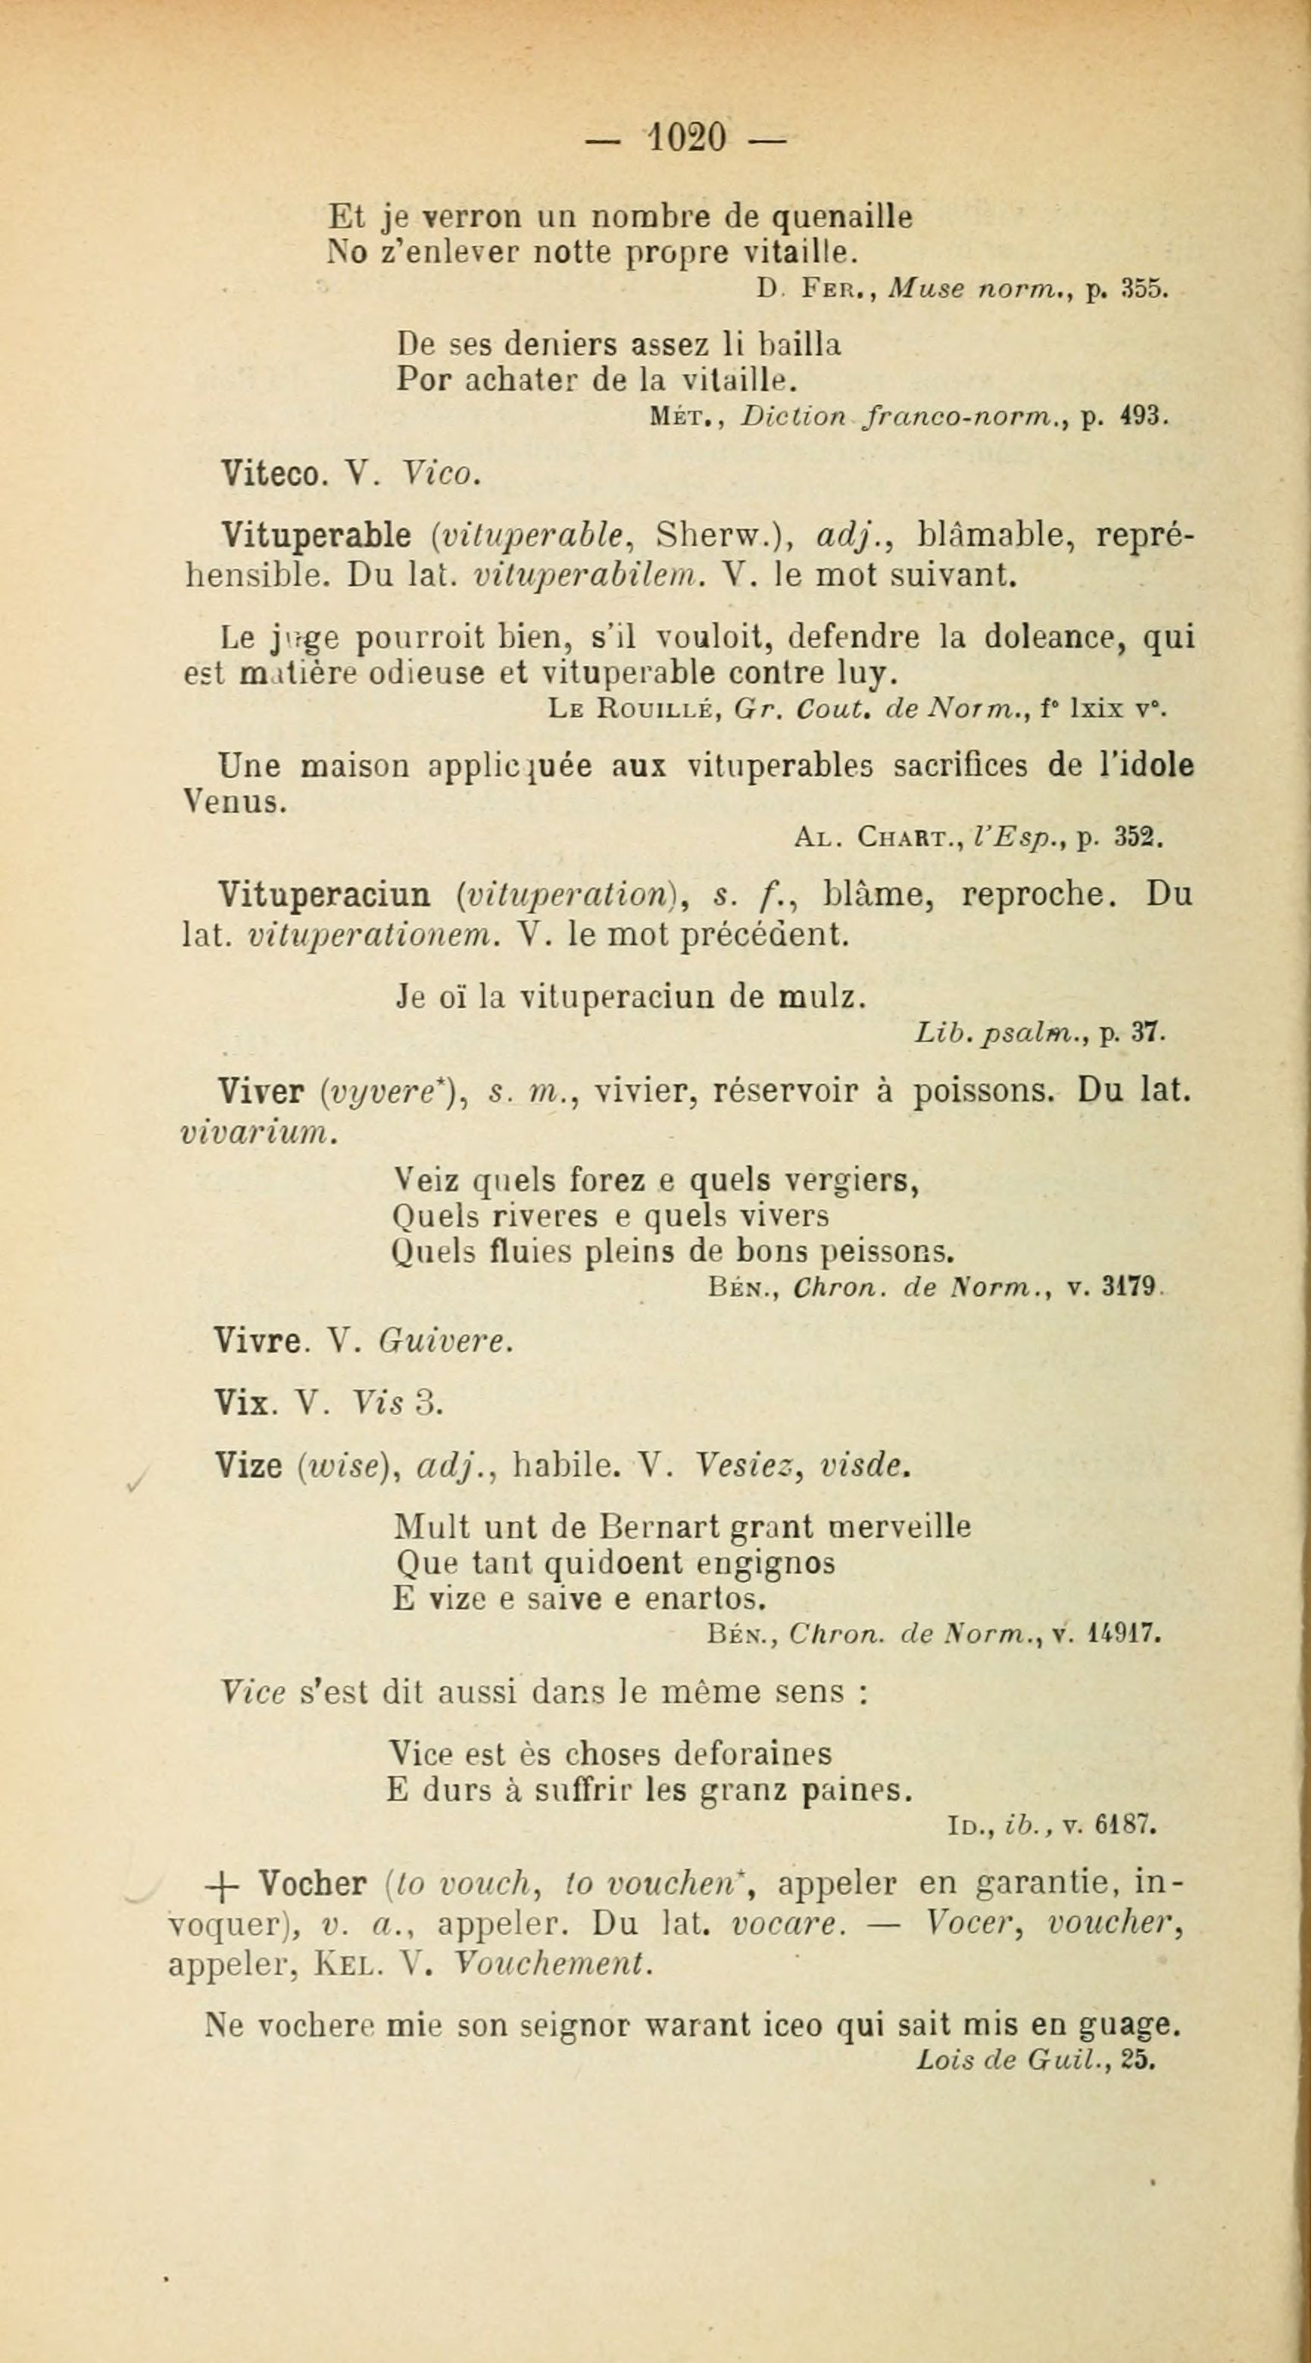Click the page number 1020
(687, 139)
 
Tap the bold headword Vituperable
(316, 535)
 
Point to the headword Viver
(261, 1092)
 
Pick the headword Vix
(240, 1402)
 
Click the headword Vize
(247, 1466)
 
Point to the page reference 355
(1144, 290)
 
